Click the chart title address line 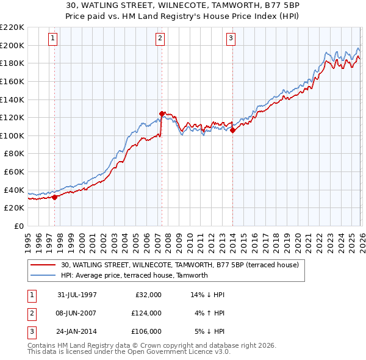click(x=183, y=5)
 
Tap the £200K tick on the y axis click(x=12, y=45)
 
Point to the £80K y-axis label click(x=14, y=154)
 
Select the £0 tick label click(x=19, y=226)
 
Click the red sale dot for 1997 click(x=55, y=197)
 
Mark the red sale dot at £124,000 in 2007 click(x=162, y=113)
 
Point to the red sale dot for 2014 click(x=232, y=130)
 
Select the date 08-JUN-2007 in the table click(x=76, y=312)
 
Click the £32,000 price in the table click(x=146, y=294)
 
